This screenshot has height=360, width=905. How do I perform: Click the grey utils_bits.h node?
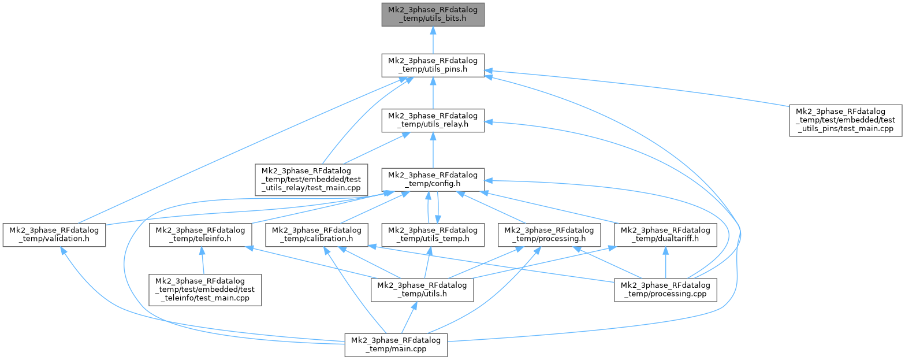coord(433,14)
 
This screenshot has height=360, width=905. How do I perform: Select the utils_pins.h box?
coord(433,65)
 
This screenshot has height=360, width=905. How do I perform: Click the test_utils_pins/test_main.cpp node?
coord(846,120)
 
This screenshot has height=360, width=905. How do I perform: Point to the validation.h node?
coord(54,235)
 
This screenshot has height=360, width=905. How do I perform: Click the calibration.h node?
coord(317,235)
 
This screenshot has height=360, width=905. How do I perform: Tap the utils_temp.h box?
coord(433,235)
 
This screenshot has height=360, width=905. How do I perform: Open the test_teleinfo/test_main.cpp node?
coord(206,290)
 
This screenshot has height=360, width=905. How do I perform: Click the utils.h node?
coord(422,290)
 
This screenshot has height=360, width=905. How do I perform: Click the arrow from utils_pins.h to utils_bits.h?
coord(433,40)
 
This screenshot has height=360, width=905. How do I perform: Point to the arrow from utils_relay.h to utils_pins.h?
coord(433,93)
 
